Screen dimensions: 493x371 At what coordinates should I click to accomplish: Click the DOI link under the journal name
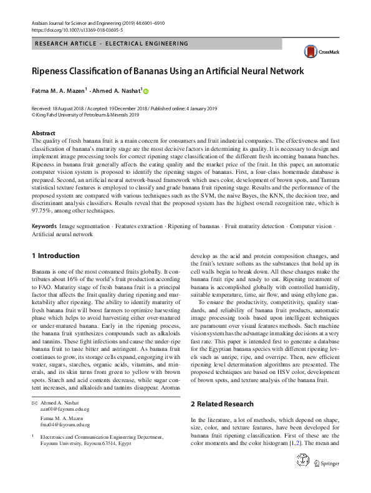[68, 29]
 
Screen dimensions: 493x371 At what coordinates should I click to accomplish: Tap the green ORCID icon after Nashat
[146, 91]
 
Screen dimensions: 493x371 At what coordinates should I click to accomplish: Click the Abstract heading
[43, 133]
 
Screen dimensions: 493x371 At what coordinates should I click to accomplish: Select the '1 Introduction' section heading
[55, 256]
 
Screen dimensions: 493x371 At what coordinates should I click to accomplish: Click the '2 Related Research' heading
[222, 404]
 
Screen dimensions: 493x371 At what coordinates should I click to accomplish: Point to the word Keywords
[44, 224]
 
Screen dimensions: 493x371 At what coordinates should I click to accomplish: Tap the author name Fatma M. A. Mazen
[58, 90]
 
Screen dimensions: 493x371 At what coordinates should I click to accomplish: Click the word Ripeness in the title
[54, 71]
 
